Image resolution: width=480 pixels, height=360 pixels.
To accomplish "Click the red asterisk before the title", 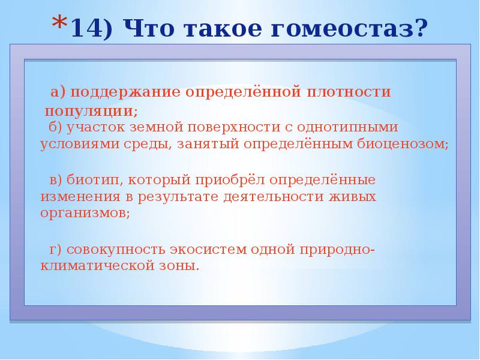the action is (x=60, y=23).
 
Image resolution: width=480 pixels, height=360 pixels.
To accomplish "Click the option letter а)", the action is (x=58, y=92).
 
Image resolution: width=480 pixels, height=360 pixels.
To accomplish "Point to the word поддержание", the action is (x=125, y=93).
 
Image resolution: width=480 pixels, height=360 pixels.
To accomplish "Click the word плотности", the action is (x=349, y=92).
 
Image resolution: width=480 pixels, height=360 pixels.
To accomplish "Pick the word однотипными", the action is (x=347, y=127).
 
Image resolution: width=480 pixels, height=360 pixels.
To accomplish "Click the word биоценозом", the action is (x=400, y=144).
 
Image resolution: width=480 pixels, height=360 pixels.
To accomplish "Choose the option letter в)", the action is (x=56, y=180).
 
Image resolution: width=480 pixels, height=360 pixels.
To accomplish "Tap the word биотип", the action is (x=93, y=180).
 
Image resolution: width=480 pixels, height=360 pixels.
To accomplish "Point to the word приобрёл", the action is (x=230, y=180).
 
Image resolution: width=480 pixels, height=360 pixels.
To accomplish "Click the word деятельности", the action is (x=274, y=197).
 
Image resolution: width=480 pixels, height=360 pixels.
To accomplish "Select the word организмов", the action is (x=83, y=214).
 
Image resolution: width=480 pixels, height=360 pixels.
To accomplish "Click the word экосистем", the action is (x=208, y=250).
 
